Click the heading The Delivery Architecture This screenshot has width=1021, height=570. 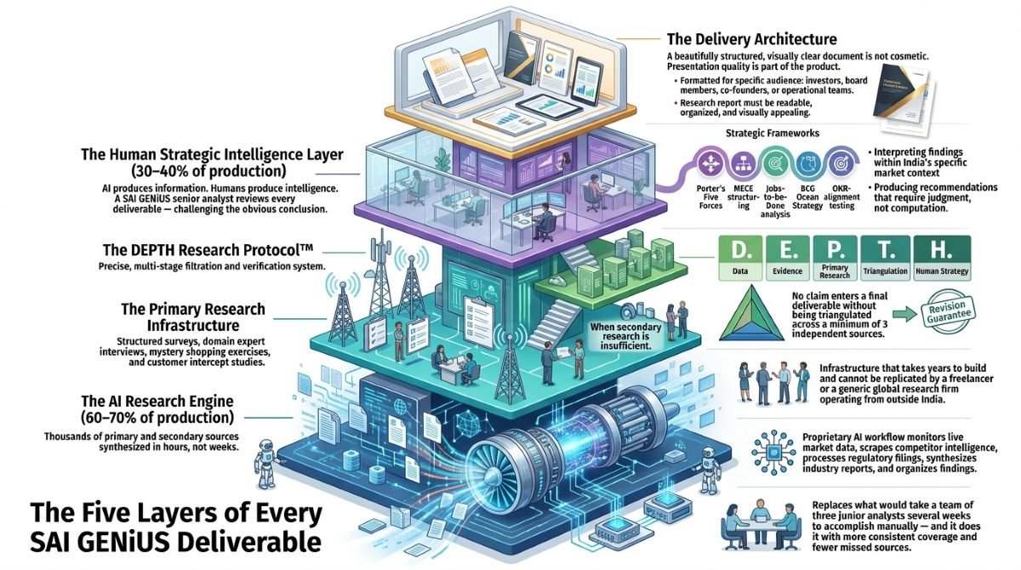coord(751,39)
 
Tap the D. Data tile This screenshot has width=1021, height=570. coord(739,258)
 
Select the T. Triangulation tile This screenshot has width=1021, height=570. coord(885,258)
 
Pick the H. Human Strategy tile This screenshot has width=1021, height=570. coord(942,258)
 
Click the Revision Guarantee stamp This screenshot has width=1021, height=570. coord(949,312)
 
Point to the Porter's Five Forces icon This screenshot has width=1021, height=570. coord(710,163)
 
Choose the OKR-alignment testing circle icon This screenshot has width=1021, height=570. coord(839,163)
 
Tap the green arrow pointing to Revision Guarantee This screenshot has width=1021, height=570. coord(904,314)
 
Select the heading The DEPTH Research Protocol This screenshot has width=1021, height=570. coord(208,250)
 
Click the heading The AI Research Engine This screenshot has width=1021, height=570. coord(157,401)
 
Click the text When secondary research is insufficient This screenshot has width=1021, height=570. coord(625,336)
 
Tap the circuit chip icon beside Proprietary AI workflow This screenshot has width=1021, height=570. coord(773,453)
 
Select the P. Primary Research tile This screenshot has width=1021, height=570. coord(835,258)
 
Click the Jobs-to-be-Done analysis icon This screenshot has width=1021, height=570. coord(774,163)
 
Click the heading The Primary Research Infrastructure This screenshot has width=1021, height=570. coord(193,317)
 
